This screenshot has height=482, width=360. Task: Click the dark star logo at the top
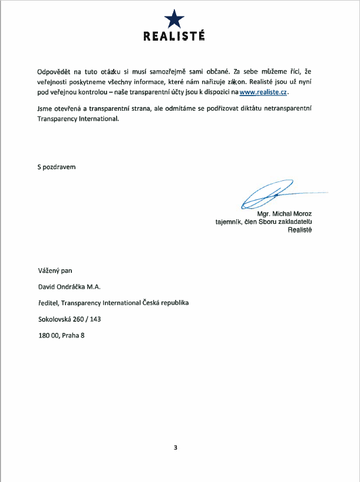(174, 19)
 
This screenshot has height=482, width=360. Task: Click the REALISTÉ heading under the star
(174, 36)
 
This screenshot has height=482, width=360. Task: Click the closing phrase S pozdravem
(57, 166)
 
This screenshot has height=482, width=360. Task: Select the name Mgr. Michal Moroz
(285, 213)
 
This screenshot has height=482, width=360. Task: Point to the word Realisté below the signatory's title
(299, 230)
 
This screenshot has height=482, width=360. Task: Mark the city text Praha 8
(74, 336)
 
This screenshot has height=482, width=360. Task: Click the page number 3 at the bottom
(175, 447)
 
